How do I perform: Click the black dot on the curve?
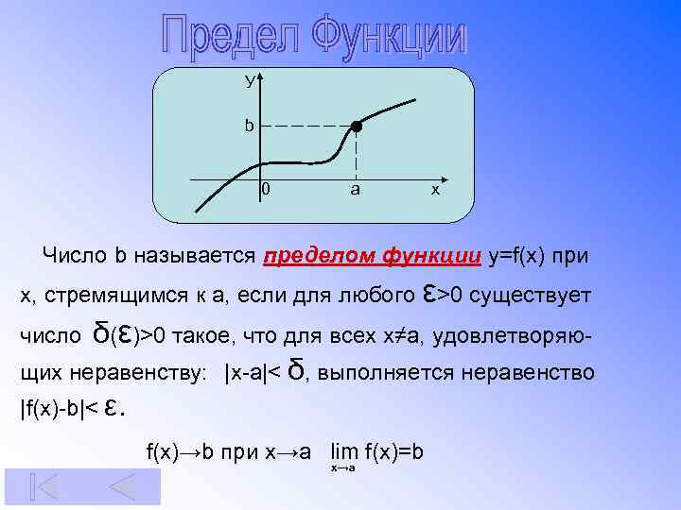click(x=356, y=127)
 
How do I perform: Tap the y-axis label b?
click(x=249, y=126)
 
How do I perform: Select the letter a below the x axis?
click(x=355, y=190)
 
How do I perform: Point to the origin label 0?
click(x=266, y=190)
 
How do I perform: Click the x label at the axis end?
click(x=435, y=190)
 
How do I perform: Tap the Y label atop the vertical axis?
click(x=250, y=81)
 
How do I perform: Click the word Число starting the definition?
click(x=76, y=255)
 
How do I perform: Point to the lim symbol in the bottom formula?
click(x=343, y=452)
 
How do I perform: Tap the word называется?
click(x=196, y=255)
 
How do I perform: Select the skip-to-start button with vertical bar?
click(x=44, y=486)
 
